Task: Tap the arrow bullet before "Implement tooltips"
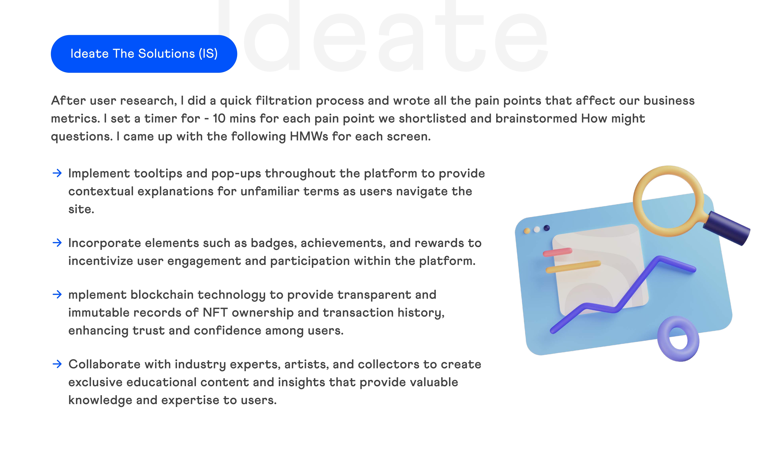[57, 173]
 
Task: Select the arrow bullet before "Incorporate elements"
[57, 243]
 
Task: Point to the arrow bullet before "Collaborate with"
[57, 364]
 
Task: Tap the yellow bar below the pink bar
[573, 266]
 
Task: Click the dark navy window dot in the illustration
[547, 228]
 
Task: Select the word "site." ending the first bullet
[81, 209]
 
